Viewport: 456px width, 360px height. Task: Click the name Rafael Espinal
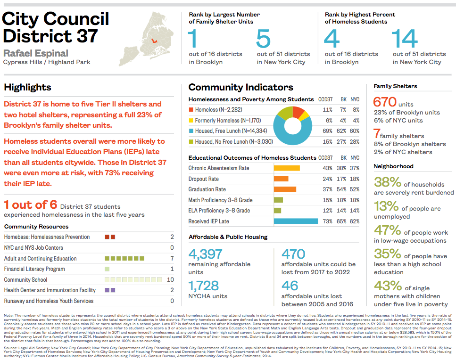36,53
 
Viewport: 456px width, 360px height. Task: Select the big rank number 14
405,39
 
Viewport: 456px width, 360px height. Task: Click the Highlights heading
27,87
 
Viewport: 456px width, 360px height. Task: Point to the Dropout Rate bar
281,179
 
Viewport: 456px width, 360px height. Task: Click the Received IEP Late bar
296,221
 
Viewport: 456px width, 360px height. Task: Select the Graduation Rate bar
285,189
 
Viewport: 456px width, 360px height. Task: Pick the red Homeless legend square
191,110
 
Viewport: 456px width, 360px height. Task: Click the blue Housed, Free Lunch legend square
191,131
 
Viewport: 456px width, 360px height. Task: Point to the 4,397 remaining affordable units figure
205,254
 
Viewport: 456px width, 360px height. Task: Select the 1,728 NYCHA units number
204,286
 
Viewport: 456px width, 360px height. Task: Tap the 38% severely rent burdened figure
387,182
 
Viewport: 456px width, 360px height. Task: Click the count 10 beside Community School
170,279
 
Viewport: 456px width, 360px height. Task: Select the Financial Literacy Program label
34,269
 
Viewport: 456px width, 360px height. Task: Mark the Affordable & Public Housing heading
228,237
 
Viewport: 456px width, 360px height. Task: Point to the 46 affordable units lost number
290,286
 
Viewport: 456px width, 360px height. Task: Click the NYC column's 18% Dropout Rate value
355,179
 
